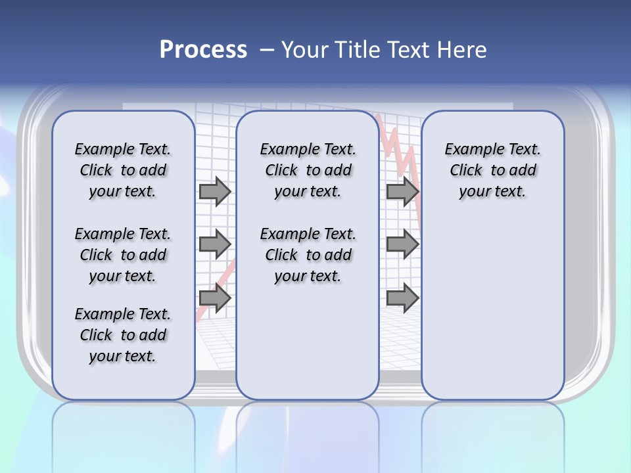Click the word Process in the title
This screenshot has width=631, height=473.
[203, 49]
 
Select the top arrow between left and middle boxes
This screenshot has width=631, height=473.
[215, 191]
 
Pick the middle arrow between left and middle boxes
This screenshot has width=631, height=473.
[215, 244]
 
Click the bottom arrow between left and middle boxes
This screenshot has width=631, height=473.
[215, 298]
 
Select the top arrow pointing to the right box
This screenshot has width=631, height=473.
[402, 191]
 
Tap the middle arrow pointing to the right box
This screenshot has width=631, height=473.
[402, 244]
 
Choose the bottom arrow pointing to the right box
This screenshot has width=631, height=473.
[402, 298]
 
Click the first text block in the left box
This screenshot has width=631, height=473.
[123, 170]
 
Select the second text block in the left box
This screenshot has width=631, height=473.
[123, 255]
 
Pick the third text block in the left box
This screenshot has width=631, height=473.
[123, 335]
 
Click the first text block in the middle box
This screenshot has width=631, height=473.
[308, 170]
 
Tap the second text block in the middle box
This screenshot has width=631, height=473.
[308, 255]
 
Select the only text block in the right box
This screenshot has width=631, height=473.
[492, 170]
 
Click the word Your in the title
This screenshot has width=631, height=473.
[305, 49]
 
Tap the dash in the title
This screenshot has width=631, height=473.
[266, 49]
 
